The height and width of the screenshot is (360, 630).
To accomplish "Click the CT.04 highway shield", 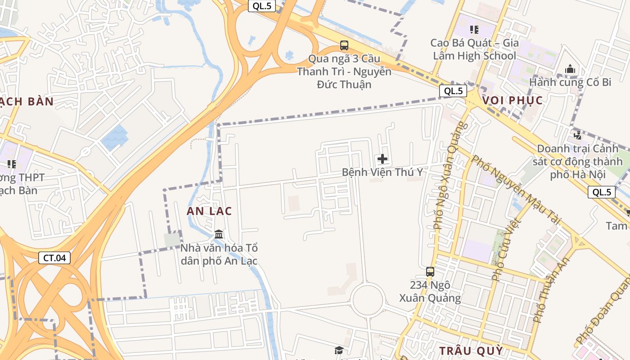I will click(54, 258).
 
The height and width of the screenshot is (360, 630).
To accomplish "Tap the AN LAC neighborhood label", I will click(209, 211).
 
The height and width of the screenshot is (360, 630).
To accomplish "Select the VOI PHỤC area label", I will click(513, 100).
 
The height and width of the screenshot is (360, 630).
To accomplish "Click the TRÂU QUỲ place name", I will click(471, 351).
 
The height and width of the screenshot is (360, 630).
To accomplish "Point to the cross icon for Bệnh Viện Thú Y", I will click(382, 159).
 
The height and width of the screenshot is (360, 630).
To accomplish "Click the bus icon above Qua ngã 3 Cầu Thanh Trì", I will click(344, 45).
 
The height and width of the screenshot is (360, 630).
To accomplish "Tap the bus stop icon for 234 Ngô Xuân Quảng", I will click(430, 272).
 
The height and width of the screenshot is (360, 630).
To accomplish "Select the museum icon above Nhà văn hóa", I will click(219, 234).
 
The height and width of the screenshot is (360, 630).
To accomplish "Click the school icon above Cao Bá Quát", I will click(474, 30).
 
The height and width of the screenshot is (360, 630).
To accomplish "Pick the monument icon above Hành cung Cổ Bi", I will click(570, 69).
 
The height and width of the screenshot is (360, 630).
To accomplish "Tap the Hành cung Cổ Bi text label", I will click(570, 82).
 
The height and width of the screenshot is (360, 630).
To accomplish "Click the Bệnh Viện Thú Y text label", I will click(382, 172).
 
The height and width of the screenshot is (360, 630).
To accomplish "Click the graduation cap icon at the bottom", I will click(339, 351).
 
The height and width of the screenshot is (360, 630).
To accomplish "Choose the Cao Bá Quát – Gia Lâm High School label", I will click(474, 49).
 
